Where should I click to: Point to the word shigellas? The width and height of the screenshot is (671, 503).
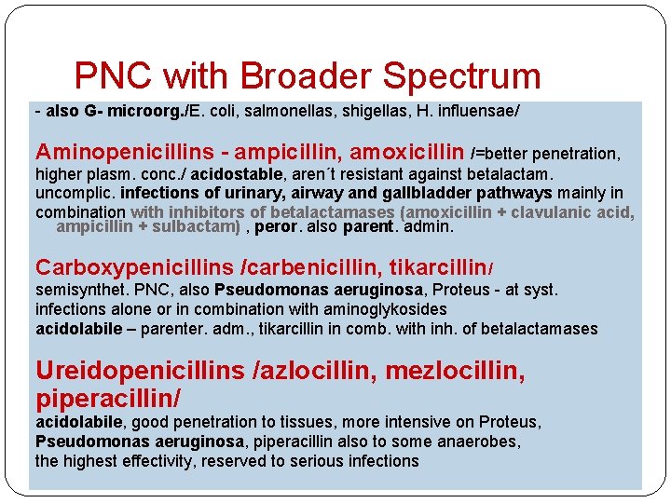point(352,110)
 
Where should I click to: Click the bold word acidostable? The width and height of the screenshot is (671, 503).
point(232,174)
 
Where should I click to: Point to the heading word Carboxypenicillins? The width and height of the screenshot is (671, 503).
point(134,268)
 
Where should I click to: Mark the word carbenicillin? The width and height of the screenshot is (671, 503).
point(305,268)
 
